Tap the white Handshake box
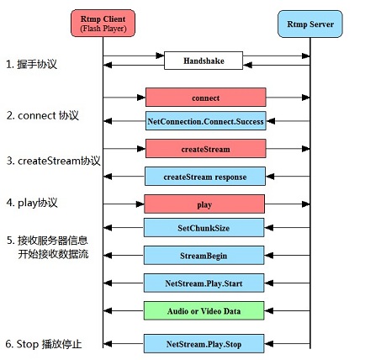pyautogui.click(x=204, y=61)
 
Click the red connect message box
pyautogui.click(x=205, y=97)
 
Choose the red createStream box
pyautogui.click(x=205, y=149)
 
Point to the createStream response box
pyautogui.click(x=205, y=176)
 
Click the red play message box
pyautogui.click(x=204, y=204)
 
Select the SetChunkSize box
pyautogui.click(x=204, y=228)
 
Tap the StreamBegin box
pyautogui.click(x=204, y=255)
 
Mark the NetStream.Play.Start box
pyautogui.click(x=204, y=283)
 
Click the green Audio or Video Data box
pyautogui.click(x=204, y=310)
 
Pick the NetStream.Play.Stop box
pyautogui.click(x=204, y=343)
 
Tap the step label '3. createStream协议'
pyautogui.click(x=53, y=160)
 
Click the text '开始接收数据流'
pyautogui.click(x=52, y=253)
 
